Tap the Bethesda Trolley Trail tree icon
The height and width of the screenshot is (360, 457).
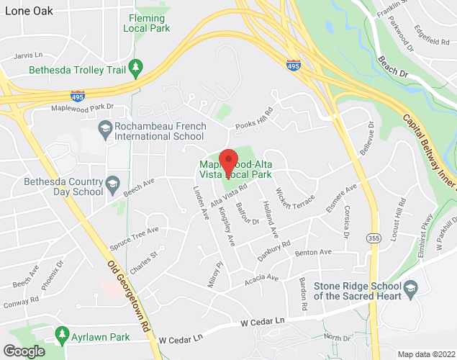click(x=135, y=68)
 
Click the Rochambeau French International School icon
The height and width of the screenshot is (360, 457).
click(x=105, y=130)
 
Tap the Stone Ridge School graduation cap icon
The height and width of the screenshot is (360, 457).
click(x=411, y=289)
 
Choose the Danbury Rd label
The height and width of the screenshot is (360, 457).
click(x=274, y=246)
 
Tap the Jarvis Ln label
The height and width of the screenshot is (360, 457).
click(x=28, y=55)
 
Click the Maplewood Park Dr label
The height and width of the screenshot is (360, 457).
click(x=82, y=107)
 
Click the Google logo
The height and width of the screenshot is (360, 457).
click(x=24, y=351)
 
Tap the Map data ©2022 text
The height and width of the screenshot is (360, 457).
click(x=426, y=354)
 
